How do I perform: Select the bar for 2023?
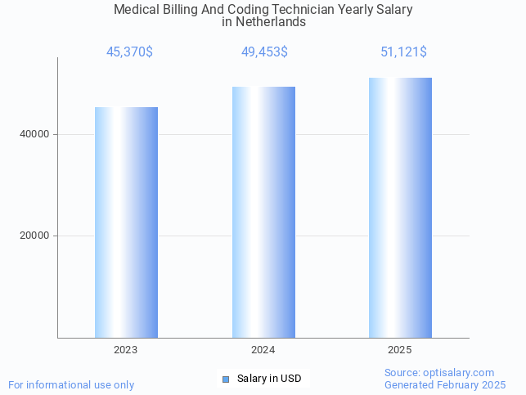[126, 222]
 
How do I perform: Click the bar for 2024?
[263, 212]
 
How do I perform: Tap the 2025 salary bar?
[400, 208]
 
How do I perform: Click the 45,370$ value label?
[129, 52]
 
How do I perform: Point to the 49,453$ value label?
[264, 52]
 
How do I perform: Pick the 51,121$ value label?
[403, 52]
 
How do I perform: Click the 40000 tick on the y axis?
[34, 134]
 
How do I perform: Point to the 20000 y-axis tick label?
[34, 236]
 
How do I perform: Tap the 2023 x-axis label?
[126, 350]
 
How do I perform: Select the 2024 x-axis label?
[263, 350]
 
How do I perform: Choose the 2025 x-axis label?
[400, 350]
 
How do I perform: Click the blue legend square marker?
[227, 379]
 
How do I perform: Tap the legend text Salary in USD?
[269, 379]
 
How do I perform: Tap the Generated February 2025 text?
[445, 384]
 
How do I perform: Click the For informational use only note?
[71, 384]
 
